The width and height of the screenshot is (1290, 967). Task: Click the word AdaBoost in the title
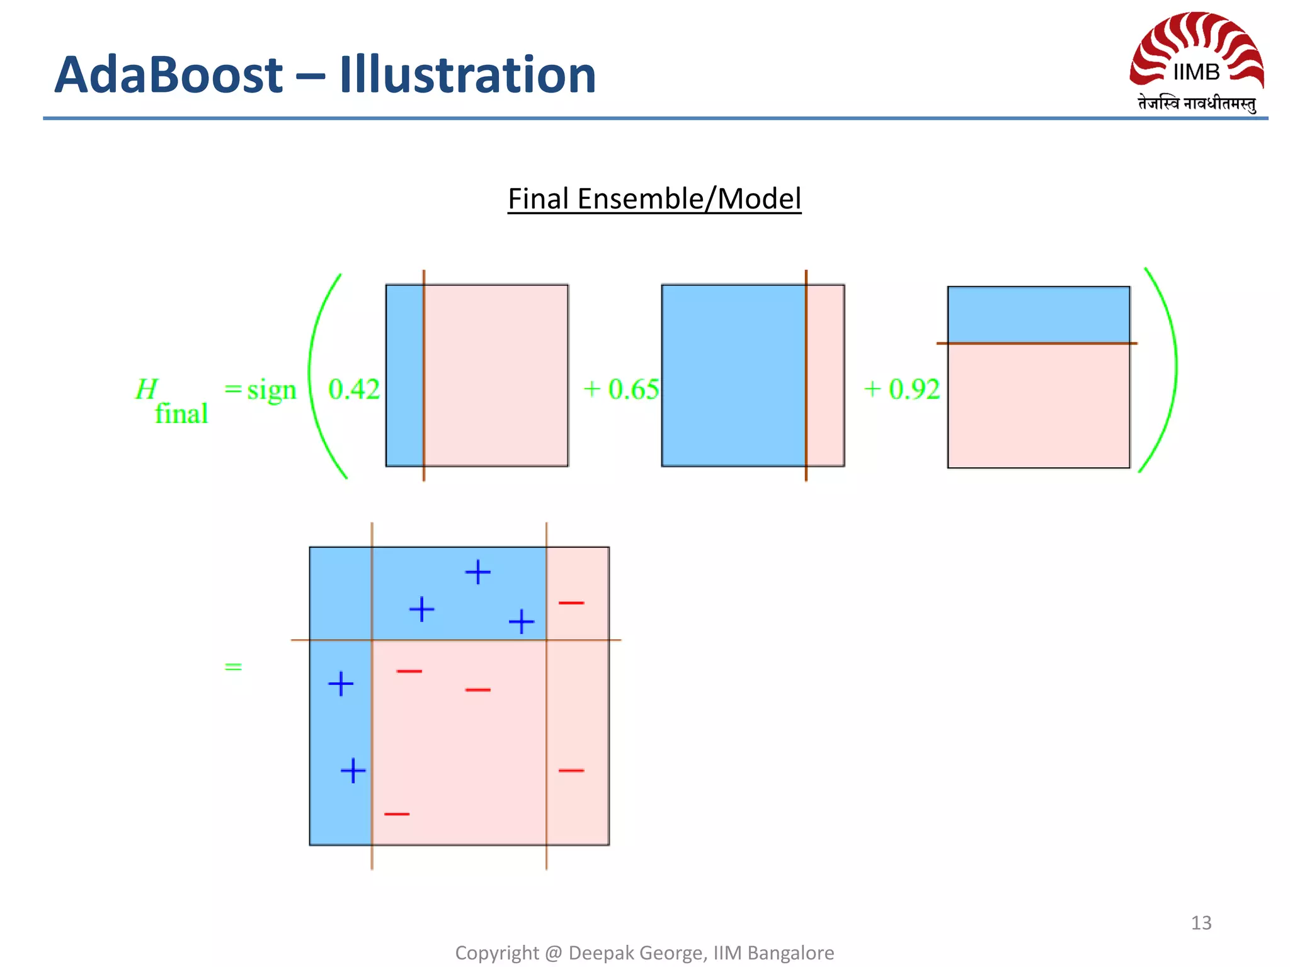click(x=169, y=75)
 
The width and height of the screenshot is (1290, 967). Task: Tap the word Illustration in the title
click(x=467, y=75)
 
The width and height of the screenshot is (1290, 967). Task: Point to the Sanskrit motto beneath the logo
click(x=1196, y=103)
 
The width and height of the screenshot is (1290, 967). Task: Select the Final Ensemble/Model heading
click(x=654, y=199)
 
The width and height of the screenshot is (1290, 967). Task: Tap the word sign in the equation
click(x=271, y=390)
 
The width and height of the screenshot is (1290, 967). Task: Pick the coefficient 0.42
click(x=354, y=389)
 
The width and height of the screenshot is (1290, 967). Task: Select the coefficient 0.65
click(x=633, y=389)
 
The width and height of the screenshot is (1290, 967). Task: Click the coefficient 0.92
click(x=914, y=389)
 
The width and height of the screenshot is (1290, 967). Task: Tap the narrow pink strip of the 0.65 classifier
click(x=825, y=375)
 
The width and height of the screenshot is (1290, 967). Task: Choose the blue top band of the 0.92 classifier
click(x=1039, y=315)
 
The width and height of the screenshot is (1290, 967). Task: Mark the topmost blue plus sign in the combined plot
click(x=477, y=572)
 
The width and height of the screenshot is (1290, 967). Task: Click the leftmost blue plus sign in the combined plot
click(x=341, y=684)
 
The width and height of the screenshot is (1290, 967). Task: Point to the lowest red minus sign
click(x=397, y=814)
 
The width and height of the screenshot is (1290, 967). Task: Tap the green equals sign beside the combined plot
click(x=233, y=667)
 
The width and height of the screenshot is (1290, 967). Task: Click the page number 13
click(x=1201, y=923)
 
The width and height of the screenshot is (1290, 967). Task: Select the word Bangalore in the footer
click(x=791, y=953)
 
